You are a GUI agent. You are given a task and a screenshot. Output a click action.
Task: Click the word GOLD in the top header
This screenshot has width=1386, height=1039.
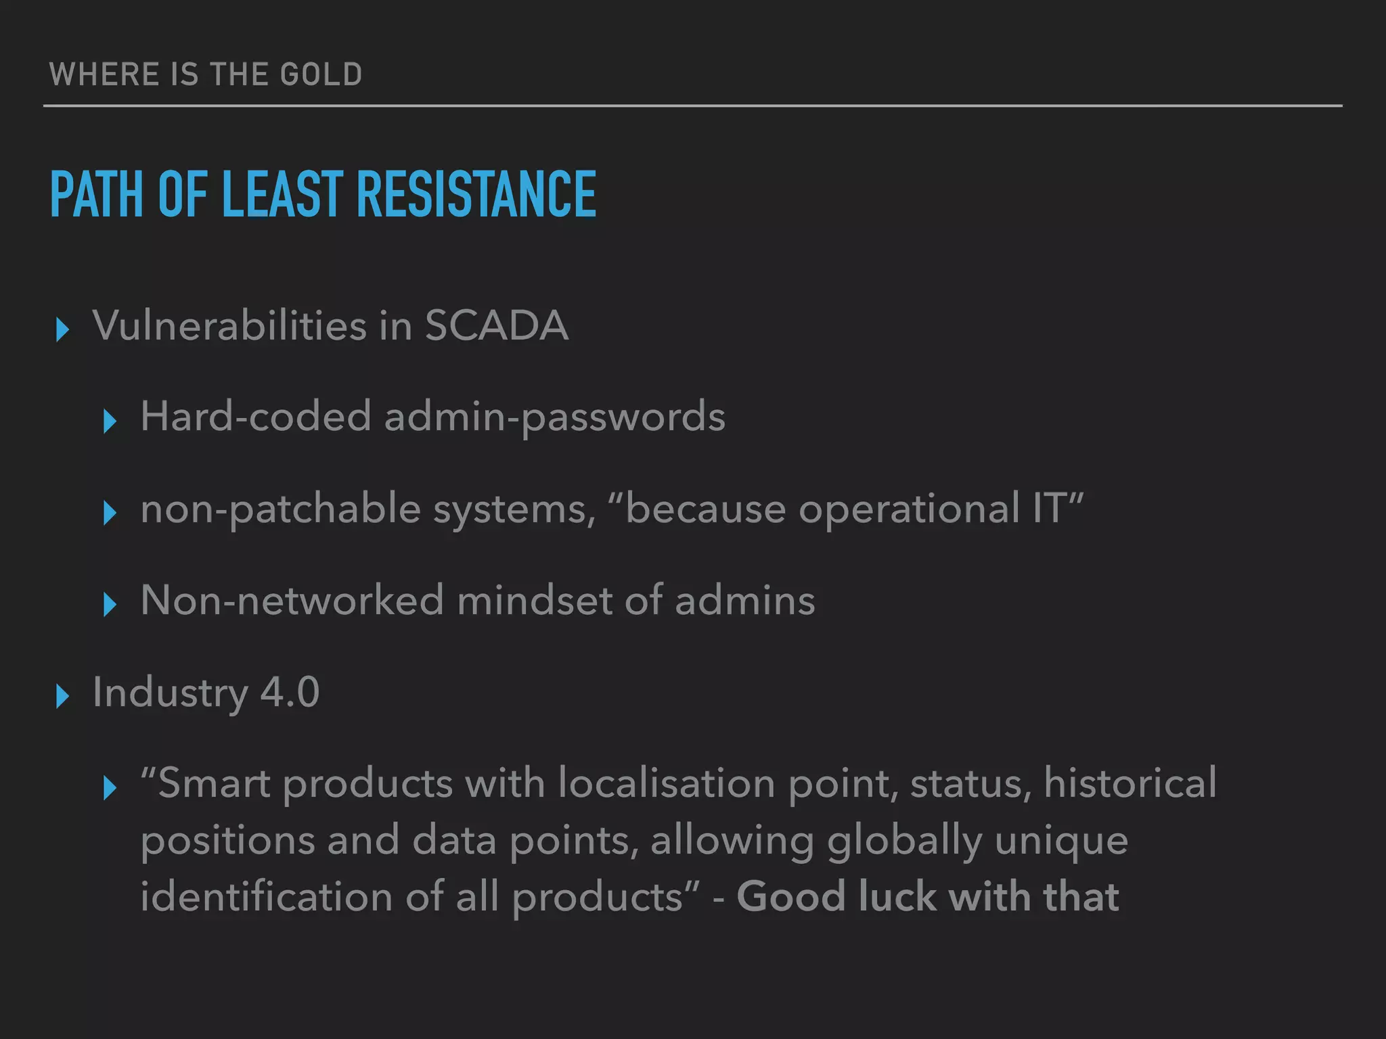pyautogui.click(x=321, y=74)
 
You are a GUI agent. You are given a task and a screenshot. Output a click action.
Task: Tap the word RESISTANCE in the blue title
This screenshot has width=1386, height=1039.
pyautogui.click(x=476, y=195)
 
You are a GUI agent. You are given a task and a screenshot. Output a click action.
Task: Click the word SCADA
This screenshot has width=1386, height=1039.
pyautogui.click(x=496, y=326)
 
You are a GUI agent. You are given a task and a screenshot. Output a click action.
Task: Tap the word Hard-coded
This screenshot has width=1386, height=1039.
pyautogui.click(x=256, y=416)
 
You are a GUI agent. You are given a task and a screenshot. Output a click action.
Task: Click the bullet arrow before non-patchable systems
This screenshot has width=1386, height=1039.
pyautogui.click(x=110, y=513)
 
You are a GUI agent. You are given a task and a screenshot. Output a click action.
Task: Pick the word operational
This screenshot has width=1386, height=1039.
pyautogui.click(x=909, y=509)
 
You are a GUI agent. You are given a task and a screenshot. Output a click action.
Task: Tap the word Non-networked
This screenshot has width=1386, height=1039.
pyautogui.click(x=292, y=600)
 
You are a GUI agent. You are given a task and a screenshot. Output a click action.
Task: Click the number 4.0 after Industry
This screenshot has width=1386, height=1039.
pyautogui.click(x=290, y=692)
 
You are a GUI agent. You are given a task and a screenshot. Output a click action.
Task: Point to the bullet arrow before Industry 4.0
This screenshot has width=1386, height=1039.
pyautogui.click(x=62, y=696)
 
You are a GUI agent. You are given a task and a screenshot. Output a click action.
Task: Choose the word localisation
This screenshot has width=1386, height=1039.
pyautogui.click(x=667, y=783)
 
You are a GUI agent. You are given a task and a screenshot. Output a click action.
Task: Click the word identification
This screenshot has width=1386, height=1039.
pyautogui.click(x=267, y=897)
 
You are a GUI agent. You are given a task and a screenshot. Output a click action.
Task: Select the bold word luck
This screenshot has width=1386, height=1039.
pyautogui.click(x=897, y=897)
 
